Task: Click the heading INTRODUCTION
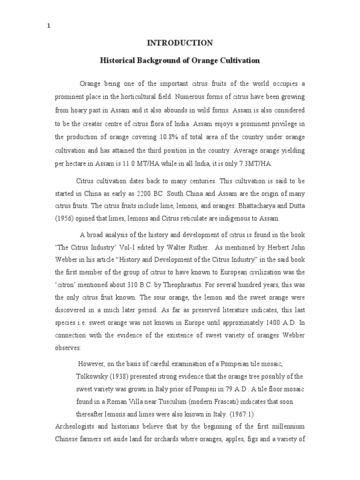pos(180,43)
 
